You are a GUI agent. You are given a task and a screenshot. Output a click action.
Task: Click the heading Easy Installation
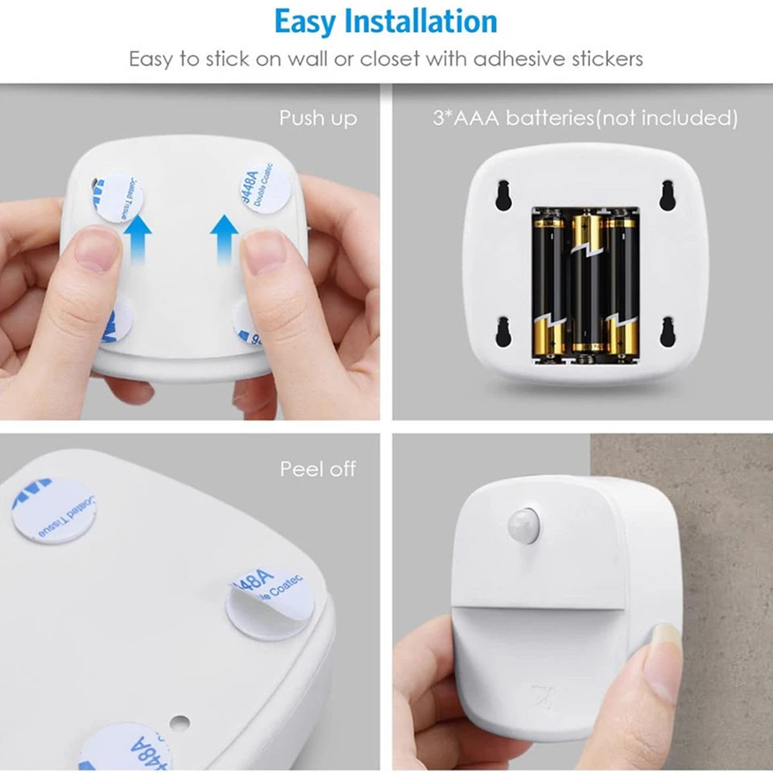[x=386, y=22]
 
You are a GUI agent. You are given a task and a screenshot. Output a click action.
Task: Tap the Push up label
[x=318, y=118]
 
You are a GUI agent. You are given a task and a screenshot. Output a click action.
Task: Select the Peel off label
[x=318, y=469]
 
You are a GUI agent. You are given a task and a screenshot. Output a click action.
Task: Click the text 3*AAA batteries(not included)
[x=585, y=118]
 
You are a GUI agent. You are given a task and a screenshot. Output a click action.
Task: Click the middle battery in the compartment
[x=587, y=282]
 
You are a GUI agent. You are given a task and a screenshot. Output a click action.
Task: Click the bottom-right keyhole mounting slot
[x=668, y=331]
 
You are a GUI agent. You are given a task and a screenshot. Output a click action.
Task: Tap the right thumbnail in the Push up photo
[x=264, y=250]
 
